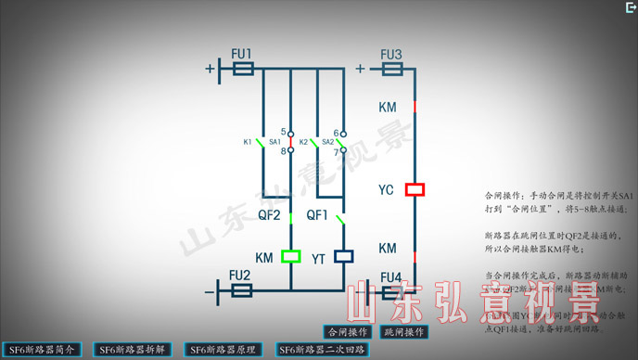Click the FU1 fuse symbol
coord(243,69)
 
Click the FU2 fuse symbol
coord(240,290)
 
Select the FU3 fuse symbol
coord(390,69)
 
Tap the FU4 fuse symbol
coord(390,290)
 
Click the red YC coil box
coord(415,189)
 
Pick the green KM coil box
coord(291,256)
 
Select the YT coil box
coord(343,256)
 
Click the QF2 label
coord(269,214)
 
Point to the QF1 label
coord(318,214)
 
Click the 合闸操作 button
coord(347,331)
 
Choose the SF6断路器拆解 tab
coord(132,350)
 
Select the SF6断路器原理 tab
coord(223,350)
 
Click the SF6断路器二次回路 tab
coord(322,350)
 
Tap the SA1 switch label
coord(274,142)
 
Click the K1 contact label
coord(248,142)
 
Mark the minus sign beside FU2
coord(210,293)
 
